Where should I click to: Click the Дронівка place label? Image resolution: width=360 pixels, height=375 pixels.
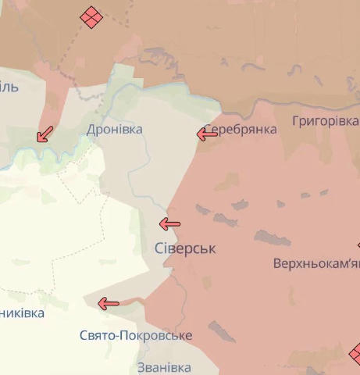point(115,129)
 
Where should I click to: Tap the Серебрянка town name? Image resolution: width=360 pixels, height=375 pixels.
point(241,130)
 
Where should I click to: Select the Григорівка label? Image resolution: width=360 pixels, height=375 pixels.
point(325,121)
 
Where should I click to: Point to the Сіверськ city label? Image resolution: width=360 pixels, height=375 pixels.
point(185,248)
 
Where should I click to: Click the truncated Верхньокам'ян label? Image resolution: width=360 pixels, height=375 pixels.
point(316,264)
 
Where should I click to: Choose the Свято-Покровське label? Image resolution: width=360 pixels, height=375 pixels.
point(136,335)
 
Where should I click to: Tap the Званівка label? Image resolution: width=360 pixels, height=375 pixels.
point(163,367)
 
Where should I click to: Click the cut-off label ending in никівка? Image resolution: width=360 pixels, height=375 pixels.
point(22,313)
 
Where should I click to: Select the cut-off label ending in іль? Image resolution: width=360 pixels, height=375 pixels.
point(9,87)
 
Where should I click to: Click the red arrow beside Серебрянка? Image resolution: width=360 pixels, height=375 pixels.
point(207,134)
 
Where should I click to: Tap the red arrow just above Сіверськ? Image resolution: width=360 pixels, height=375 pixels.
point(169,224)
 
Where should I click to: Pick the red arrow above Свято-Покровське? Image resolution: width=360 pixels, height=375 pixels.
point(108,304)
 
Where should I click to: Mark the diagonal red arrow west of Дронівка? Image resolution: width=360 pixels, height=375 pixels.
point(45,134)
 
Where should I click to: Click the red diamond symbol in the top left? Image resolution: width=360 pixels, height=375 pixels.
point(91,17)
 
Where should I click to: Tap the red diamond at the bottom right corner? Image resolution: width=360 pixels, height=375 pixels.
point(355,353)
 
